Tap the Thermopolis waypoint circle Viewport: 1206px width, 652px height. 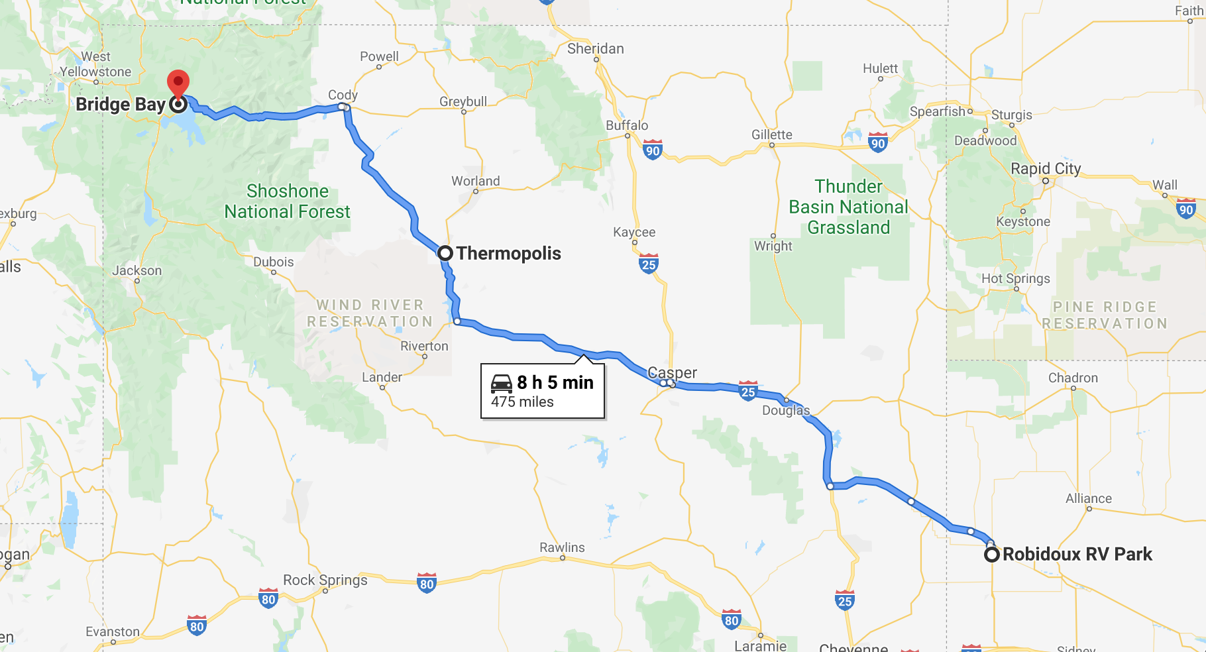(445, 253)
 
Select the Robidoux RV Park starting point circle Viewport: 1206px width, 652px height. (991, 555)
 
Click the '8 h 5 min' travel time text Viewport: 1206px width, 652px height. (555, 382)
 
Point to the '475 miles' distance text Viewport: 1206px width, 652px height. (522, 402)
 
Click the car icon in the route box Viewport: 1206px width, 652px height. (502, 383)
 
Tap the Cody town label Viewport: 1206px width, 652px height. (343, 95)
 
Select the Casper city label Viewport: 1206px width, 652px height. (672, 372)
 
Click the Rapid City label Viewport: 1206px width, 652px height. (1045, 168)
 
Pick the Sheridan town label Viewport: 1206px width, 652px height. (595, 48)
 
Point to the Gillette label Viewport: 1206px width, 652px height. (771, 135)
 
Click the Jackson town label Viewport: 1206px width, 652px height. (137, 270)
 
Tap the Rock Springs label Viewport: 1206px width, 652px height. (325, 580)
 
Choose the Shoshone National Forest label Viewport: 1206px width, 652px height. (287, 201)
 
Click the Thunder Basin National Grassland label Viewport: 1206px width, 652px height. (848, 207)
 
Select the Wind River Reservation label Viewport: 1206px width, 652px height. (370, 313)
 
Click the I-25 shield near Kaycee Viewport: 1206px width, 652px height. (649, 264)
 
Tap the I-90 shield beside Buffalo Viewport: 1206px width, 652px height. (653, 150)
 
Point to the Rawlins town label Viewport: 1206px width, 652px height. (562, 547)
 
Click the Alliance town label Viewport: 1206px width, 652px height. (1088, 498)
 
